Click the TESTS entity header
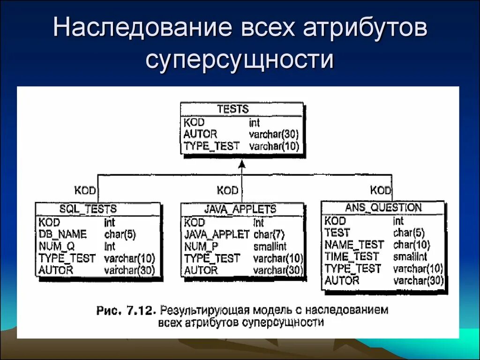coord(232,109)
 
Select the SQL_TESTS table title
coord(88,209)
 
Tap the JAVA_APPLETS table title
coord(240,209)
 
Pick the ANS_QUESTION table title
coord(383,207)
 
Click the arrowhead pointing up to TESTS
coord(242,165)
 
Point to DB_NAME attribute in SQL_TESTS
coord(62,234)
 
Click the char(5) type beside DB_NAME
coord(120,234)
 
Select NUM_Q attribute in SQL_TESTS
coord(57,246)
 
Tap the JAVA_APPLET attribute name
coord(217,234)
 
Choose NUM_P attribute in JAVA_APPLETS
coord(201,247)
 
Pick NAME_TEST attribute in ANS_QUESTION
coord(354,245)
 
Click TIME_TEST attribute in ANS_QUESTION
coord(352,256)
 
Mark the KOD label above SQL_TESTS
coord(85,190)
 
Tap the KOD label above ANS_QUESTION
coord(380,190)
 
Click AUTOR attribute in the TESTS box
coord(200,134)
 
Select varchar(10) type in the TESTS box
coord(274,146)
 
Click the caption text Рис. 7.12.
coord(127,311)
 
